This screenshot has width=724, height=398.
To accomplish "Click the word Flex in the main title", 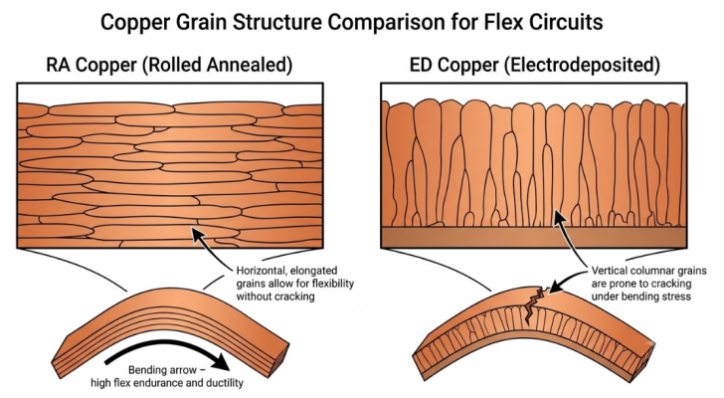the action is pyautogui.click(x=502, y=21).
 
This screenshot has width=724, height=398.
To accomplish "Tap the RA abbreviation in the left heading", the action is pyautogui.click(x=58, y=65).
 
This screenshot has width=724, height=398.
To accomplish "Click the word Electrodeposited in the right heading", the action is pyautogui.click(x=582, y=65).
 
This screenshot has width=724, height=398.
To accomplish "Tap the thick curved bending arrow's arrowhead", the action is pyautogui.click(x=222, y=361).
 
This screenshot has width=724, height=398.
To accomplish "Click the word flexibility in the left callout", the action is pyautogui.click(x=333, y=284).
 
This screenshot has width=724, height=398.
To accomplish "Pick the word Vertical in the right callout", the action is pyautogui.click(x=608, y=271).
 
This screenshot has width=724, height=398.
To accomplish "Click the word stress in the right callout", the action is pyautogui.click(x=676, y=297).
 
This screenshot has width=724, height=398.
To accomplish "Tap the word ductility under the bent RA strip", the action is pyautogui.click(x=225, y=383).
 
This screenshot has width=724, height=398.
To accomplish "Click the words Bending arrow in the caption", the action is pyautogui.click(x=162, y=370).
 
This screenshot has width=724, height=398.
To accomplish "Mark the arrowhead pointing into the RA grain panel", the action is pyautogui.click(x=198, y=234).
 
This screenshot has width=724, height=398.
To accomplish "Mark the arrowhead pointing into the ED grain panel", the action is pyautogui.click(x=560, y=216).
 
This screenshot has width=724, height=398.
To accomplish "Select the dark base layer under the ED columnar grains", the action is pyautogui.click(x=534, y=237).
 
